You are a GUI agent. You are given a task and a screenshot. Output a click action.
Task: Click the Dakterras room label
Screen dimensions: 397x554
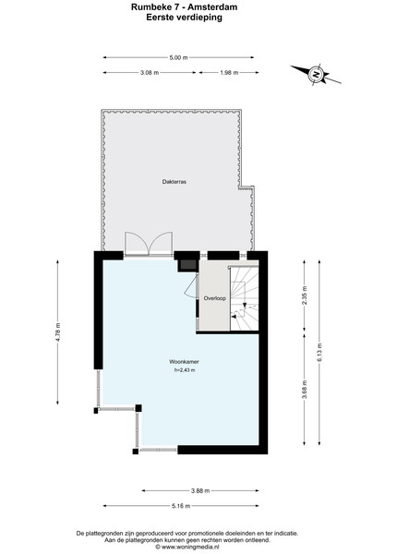coord(174,182)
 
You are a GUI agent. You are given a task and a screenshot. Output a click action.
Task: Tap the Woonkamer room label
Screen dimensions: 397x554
coord(184,362)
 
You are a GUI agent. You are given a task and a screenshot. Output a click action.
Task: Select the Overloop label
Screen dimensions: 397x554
coord(214,298)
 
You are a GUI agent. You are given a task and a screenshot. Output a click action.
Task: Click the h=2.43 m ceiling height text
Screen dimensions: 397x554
coord(185,370)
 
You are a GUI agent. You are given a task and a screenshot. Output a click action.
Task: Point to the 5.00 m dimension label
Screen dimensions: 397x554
coord(178,57)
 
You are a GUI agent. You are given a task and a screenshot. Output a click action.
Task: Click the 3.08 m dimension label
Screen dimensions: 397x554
coord(150,73)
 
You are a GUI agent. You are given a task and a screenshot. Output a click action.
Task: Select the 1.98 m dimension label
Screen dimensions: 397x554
coord(229,73)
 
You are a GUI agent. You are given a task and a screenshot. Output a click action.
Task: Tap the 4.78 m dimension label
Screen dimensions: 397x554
coord(58,331)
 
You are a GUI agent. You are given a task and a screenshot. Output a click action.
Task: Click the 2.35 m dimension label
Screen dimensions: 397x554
coord(305,295)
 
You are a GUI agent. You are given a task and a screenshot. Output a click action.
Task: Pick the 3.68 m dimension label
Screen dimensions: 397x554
coord(305,389)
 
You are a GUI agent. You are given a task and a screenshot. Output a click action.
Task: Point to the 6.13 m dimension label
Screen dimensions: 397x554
coord(319,353)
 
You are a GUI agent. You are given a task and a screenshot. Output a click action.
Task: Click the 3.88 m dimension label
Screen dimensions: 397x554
coord(200,491)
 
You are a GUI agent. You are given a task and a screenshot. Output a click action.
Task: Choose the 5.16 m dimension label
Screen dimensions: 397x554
coord(181,506)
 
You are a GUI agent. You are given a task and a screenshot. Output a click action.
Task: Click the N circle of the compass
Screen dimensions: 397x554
coord(316,75)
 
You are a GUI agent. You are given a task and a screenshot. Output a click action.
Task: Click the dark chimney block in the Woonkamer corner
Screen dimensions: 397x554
coord(186,265)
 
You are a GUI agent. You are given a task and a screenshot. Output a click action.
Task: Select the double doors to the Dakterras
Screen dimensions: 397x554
coord(149,243)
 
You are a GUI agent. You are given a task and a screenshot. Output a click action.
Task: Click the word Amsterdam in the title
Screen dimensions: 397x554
coord(214,6)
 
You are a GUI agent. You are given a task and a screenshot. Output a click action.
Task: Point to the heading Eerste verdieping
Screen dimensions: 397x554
coord(184,18)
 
